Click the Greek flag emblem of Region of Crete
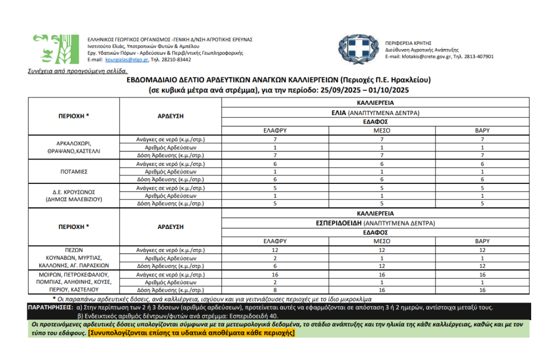tap(358, 49)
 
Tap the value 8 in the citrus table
tap(275, 290)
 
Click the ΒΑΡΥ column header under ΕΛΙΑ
tap(482, 130)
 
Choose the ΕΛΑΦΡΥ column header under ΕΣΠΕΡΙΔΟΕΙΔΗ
tap(275, 241)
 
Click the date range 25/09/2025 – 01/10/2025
tap(361, 91)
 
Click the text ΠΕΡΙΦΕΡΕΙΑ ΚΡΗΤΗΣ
tap(408, 43)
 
